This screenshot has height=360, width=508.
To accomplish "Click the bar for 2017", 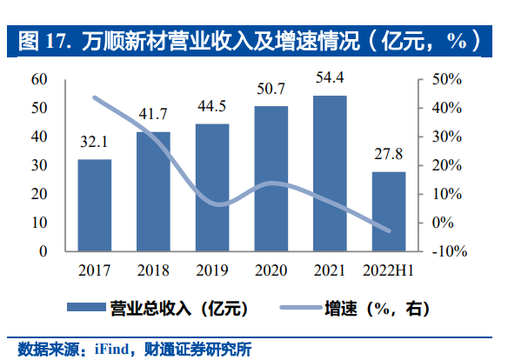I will point(94,205).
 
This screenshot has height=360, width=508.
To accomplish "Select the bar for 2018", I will point(153,191).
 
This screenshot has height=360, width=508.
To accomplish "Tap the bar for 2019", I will point(212,187).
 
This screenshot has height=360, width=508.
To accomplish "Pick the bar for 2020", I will point(271,178).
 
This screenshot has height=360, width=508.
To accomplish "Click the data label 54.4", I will point(329,80).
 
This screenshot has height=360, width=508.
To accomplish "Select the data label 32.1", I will point(94,144).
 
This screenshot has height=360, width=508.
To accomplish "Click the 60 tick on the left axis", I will point(38,79).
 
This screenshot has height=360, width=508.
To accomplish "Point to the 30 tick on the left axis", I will point(38,165).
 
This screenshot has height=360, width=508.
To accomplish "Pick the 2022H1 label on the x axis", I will point(388,270).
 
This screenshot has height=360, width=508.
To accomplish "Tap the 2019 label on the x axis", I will point(212,270).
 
